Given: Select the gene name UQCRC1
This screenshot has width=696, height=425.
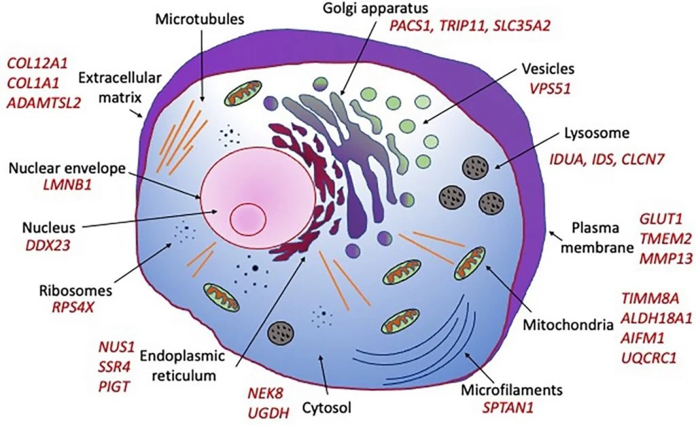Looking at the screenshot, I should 649,356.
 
